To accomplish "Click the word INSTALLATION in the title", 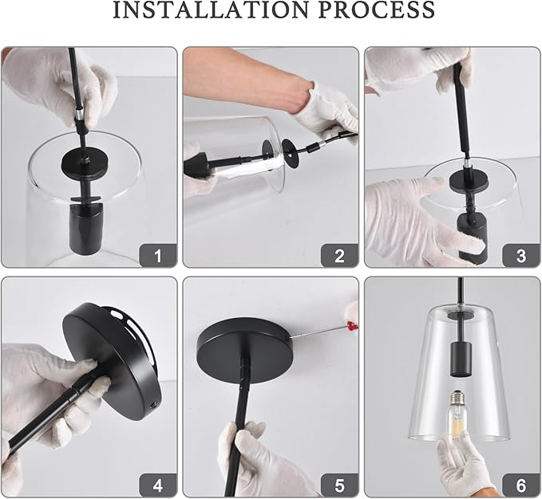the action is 211,10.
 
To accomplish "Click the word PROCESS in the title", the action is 377,10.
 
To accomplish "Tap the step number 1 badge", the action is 158,256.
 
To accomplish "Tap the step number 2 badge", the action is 339,256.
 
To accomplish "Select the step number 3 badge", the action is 521,256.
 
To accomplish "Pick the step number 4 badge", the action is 158,485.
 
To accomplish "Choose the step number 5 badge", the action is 339,485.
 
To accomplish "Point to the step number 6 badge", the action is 521,485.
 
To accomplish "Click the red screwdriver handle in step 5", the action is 352,324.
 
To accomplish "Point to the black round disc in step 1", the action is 85,162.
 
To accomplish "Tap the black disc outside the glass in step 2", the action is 291,154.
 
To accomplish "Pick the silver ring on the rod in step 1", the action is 79,112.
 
